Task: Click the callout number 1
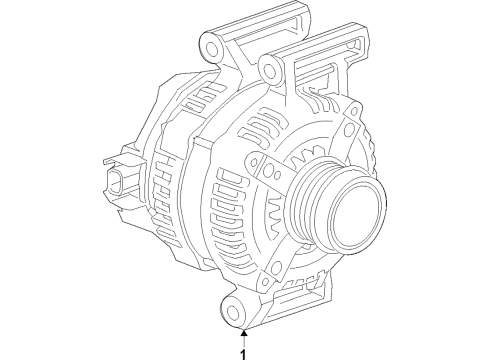click(x=242, y=351)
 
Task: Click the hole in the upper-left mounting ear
click(x=210, y=48)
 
